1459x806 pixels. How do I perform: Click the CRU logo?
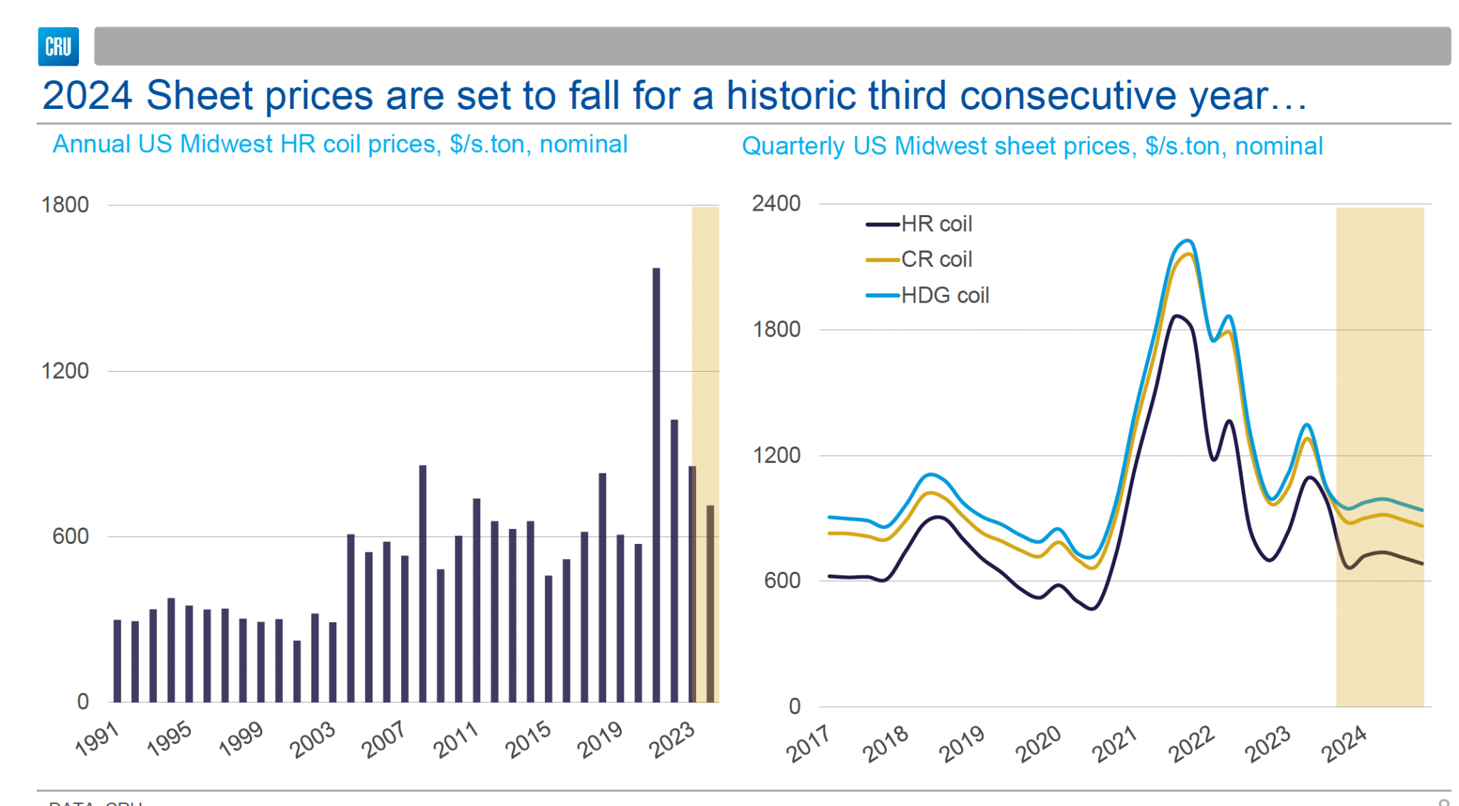pos(58,47)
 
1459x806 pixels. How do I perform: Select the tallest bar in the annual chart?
pos(656,484)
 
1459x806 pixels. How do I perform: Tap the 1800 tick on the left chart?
pos(65,205)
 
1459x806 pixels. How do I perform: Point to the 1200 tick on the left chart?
pos(65,371)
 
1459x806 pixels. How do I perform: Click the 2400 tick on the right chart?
pos(777,204)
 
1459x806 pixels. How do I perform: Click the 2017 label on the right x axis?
pos(809,743)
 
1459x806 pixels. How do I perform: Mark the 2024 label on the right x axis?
pos(1344,743)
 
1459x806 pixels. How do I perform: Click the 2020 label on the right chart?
pos(1038,743)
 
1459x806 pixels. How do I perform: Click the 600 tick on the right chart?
pos(782,581)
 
